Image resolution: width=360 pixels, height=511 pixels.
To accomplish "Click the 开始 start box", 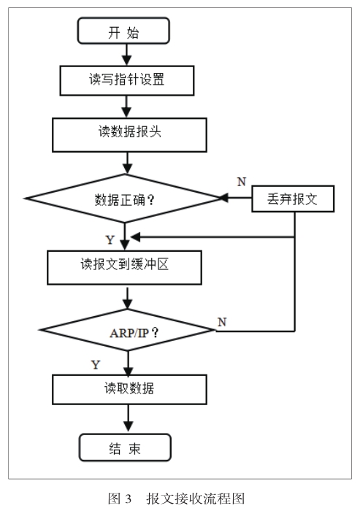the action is click(123, 31).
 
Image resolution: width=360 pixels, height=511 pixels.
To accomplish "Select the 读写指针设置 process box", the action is click(127, 80).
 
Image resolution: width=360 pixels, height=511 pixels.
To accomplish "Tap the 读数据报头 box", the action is click(129, 135).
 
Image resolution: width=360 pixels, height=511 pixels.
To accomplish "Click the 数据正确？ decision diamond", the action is click(124, 199).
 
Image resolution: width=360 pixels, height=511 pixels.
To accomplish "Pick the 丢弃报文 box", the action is click(293, 199).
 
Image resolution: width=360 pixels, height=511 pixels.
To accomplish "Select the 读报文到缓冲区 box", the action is click(124, 268).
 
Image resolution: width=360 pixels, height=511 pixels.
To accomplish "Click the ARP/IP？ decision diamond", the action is click(128, 330).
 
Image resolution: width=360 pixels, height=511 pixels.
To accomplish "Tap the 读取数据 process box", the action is click(129, 389).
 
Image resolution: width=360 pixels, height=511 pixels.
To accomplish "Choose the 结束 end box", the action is click(125, 447).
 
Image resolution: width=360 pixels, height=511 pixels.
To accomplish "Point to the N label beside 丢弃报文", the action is click(241, 182).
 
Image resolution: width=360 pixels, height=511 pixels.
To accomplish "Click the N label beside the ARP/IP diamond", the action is click(222, 322).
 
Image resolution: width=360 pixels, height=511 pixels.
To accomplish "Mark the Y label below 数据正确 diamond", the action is click(110, 240).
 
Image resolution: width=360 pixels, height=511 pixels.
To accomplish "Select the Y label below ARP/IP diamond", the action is click(96, 365).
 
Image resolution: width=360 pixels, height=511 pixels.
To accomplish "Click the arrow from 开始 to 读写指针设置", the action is click(126, 55).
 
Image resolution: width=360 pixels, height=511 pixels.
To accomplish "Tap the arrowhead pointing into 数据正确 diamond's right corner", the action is click(223, 198).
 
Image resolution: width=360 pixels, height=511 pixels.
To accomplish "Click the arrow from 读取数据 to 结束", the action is click(128, 419).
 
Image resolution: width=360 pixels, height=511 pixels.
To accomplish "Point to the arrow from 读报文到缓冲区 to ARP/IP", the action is click(128, 298).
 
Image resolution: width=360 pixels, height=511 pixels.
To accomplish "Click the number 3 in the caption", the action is click(128, 499).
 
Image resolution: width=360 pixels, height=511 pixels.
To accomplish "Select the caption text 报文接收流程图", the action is click(195, 499).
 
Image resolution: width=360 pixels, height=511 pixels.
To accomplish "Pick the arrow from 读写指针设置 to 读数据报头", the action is click(126, 107).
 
